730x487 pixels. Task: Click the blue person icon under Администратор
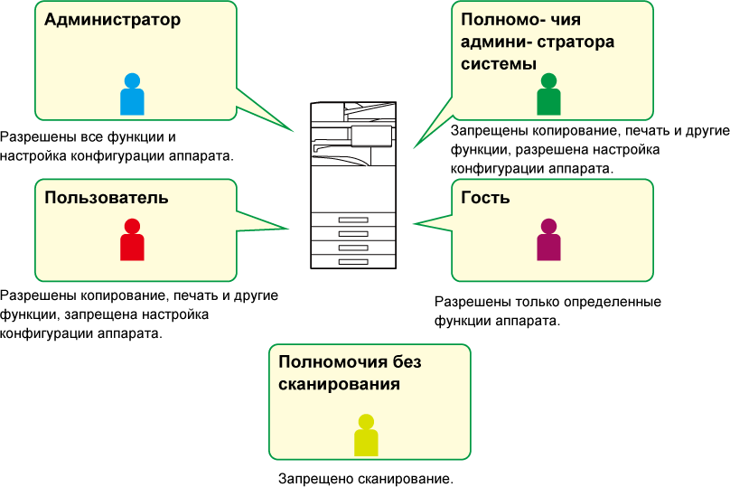pyautogui.click(x=132, y=95)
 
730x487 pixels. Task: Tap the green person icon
pyautogui.click(x=548, y=95)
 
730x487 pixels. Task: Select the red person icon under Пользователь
pyautogui.click(x=132, y=240)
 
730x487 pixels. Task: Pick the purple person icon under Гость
pyautogui.click(x=548, y=240)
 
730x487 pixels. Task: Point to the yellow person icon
pyautogui.click(x=366, y=435)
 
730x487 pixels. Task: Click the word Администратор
pyautogui.click(x=112, y=20)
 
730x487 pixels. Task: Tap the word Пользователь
pyautogui.click(x=107, y=198)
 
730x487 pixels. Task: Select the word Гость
pyautogui.click(x=485, y=198)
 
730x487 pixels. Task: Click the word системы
pyautogui.click(x=499, y=64)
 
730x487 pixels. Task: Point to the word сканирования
pyautogui.click(x=339, y=384)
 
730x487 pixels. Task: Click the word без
pyautogui.click(x=407, y=362)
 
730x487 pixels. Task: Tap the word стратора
pyautogui.click(x=577, y=42)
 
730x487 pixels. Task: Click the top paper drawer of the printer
pyautogui.click(x=353, y=220)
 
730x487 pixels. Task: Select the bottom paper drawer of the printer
pyautogui.click(x=353, y=261)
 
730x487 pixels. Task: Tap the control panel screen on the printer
pyautogui.click(x=370, y=136)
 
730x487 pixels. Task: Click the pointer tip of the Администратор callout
pyautogui.click(x=295, y=132)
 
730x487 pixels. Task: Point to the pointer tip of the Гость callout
pyautogui.click(x=413, y=224)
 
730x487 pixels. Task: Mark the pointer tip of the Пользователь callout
pyautogui.click(x=289, y=229)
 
